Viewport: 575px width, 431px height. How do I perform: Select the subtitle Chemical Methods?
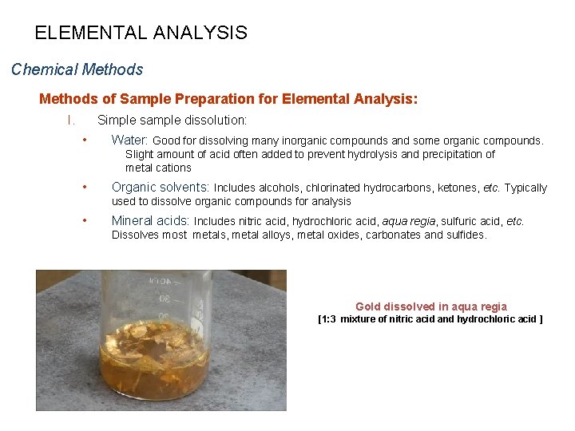click(77, 69)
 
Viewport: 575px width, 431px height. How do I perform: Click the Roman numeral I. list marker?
click(71, 121)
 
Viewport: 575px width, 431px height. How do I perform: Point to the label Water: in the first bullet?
click(130, 140)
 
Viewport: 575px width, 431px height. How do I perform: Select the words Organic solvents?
click(161, 188)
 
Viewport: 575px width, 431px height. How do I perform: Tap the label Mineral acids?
click(150, 221)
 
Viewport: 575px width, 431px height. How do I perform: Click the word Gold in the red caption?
click(368, 306)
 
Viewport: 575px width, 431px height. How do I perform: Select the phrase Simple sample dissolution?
click(172, 121)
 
